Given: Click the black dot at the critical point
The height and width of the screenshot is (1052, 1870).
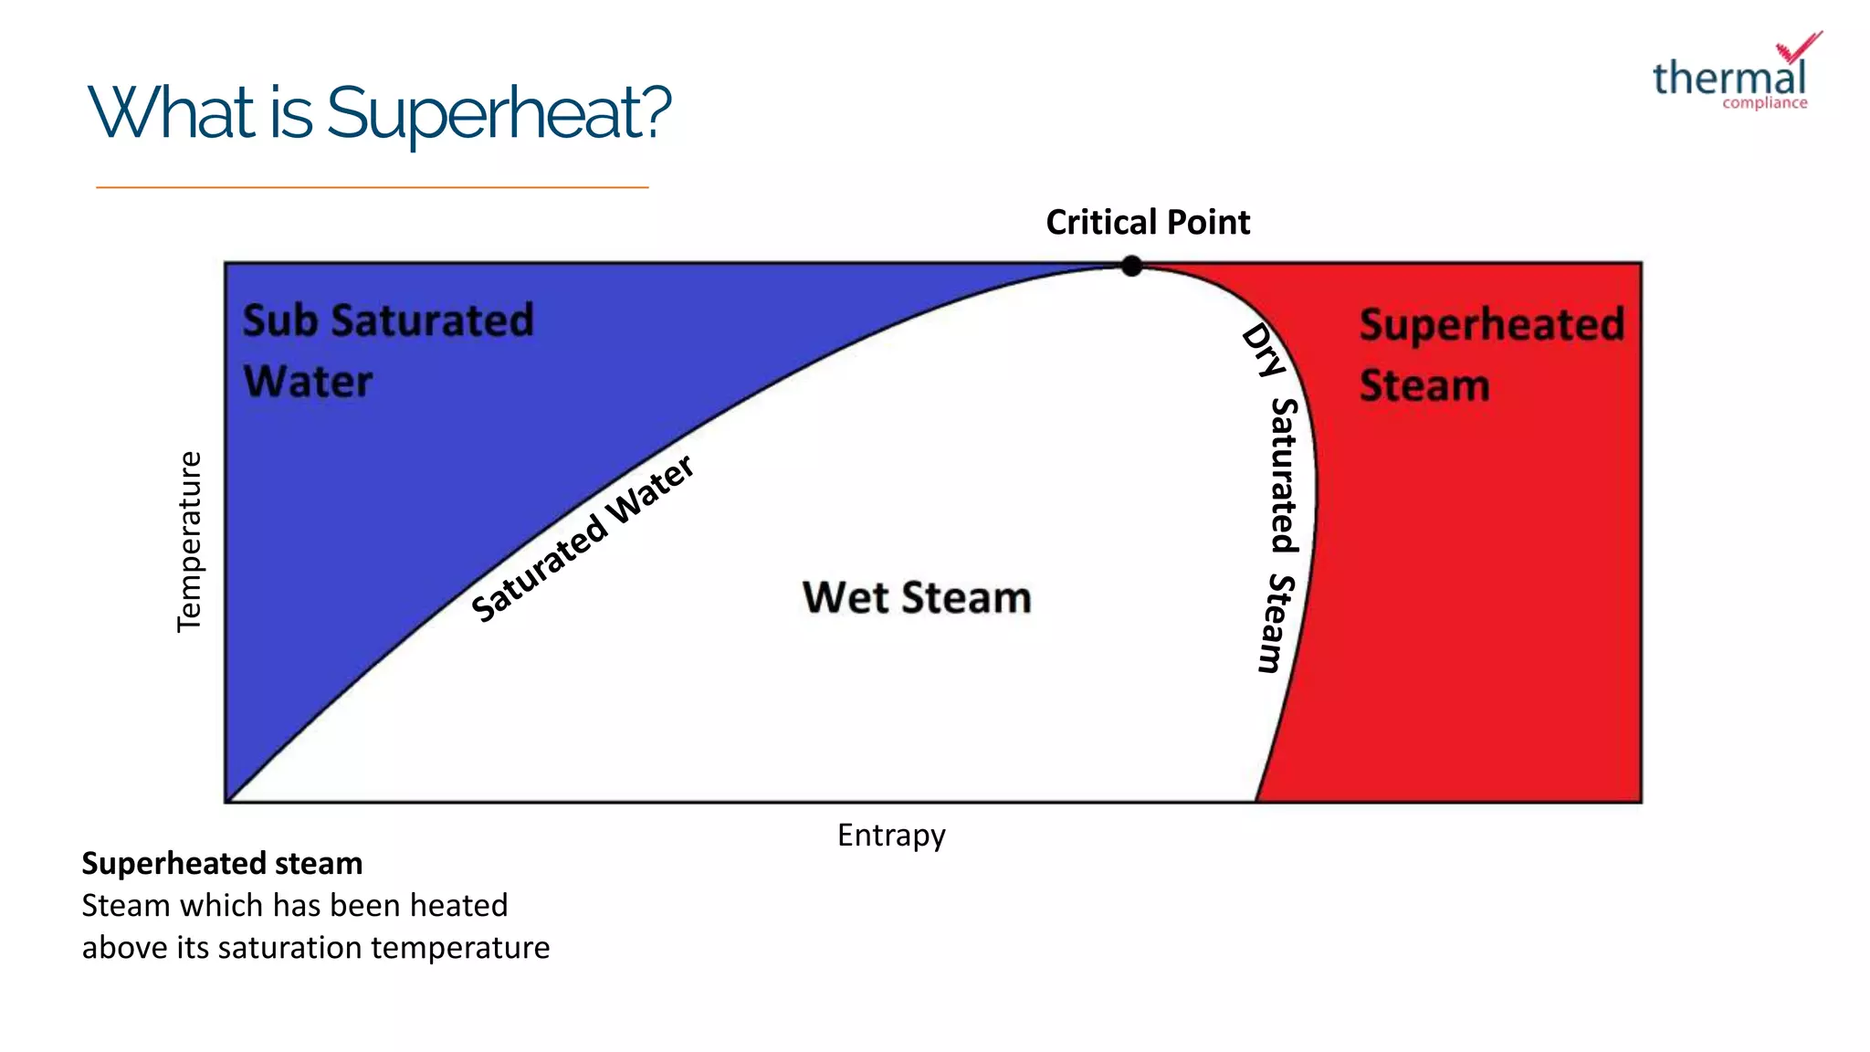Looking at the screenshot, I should [1131, 266].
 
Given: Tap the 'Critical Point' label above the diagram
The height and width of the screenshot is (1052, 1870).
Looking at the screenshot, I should [1147, 222].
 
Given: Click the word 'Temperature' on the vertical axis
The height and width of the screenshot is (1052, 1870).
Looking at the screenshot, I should [189, 542].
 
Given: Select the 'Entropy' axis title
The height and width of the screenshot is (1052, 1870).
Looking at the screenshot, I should [891, 835].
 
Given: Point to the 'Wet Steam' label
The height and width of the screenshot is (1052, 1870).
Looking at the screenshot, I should [917, 597].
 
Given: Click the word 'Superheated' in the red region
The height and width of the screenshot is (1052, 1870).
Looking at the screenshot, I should [1491, 325].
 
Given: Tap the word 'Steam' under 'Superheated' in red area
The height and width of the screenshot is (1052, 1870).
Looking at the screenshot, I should [1424, 385].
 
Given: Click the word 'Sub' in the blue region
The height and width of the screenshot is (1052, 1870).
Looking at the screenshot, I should [279, 321].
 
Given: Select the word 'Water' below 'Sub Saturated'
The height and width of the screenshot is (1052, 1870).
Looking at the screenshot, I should [309, 382].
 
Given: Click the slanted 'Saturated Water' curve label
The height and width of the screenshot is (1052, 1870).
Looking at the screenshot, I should [583, 540].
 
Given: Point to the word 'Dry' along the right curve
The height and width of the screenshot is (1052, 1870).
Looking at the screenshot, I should [1264, 351].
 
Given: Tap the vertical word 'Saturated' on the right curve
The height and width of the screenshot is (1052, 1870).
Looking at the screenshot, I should [1285, 476].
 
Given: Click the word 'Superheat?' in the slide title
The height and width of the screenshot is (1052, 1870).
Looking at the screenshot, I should [499, 113].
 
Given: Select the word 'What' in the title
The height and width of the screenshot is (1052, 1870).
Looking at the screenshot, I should [172, 113].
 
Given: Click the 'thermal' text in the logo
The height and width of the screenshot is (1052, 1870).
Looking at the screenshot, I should [1728, 78].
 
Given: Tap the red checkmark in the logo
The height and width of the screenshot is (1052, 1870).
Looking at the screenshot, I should [1799, 47].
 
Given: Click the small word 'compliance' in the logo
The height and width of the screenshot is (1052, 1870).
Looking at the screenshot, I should [1764, 103].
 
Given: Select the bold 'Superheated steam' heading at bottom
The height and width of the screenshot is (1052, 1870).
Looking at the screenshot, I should [222, 863].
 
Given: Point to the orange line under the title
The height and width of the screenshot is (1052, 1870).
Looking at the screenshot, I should [372, 187].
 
